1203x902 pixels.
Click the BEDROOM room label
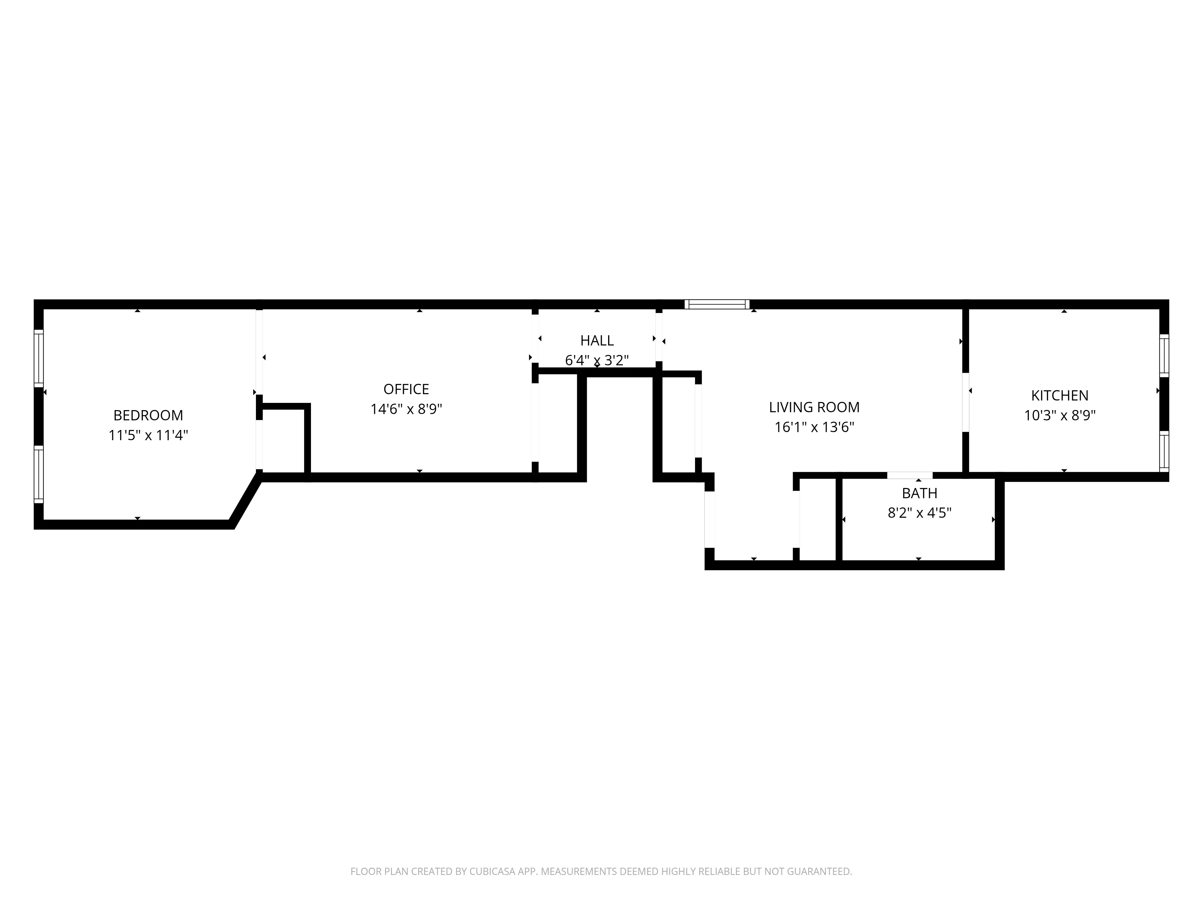148,416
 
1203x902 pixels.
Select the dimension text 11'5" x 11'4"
148,435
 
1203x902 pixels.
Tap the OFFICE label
406,389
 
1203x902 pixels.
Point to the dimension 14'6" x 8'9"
406,410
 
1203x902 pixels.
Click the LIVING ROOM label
814,407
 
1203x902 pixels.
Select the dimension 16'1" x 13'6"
814,427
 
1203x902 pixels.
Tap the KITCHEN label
1060,396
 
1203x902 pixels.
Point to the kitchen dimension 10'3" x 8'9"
1060,416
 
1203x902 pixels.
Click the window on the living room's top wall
717,305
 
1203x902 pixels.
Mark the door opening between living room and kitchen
966,402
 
